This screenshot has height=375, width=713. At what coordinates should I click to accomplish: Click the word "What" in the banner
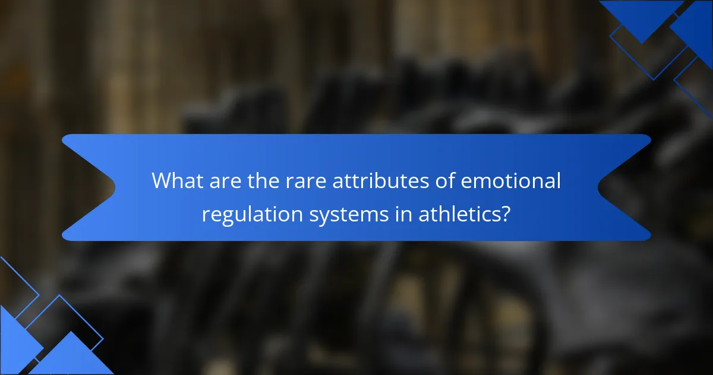178,180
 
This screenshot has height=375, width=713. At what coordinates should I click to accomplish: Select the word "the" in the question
264,180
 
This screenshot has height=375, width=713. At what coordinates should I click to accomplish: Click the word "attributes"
381,180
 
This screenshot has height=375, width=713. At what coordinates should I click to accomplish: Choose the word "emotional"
511,180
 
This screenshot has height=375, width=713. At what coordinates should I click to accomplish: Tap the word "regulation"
253,215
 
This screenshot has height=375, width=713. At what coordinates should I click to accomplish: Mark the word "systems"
349,216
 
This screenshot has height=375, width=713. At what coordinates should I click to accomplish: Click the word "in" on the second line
403,214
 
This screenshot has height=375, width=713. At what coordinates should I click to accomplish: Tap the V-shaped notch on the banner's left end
115,187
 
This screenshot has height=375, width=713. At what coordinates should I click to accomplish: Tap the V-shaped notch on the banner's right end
598,187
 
